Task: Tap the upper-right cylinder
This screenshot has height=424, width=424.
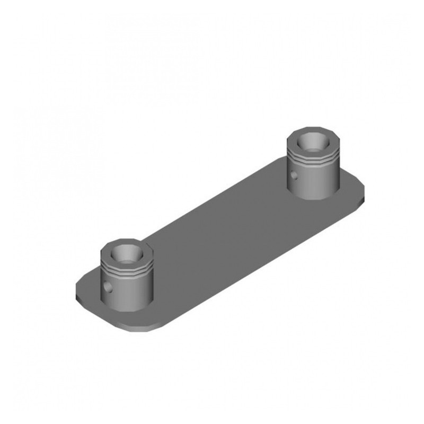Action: pos(313,164)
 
